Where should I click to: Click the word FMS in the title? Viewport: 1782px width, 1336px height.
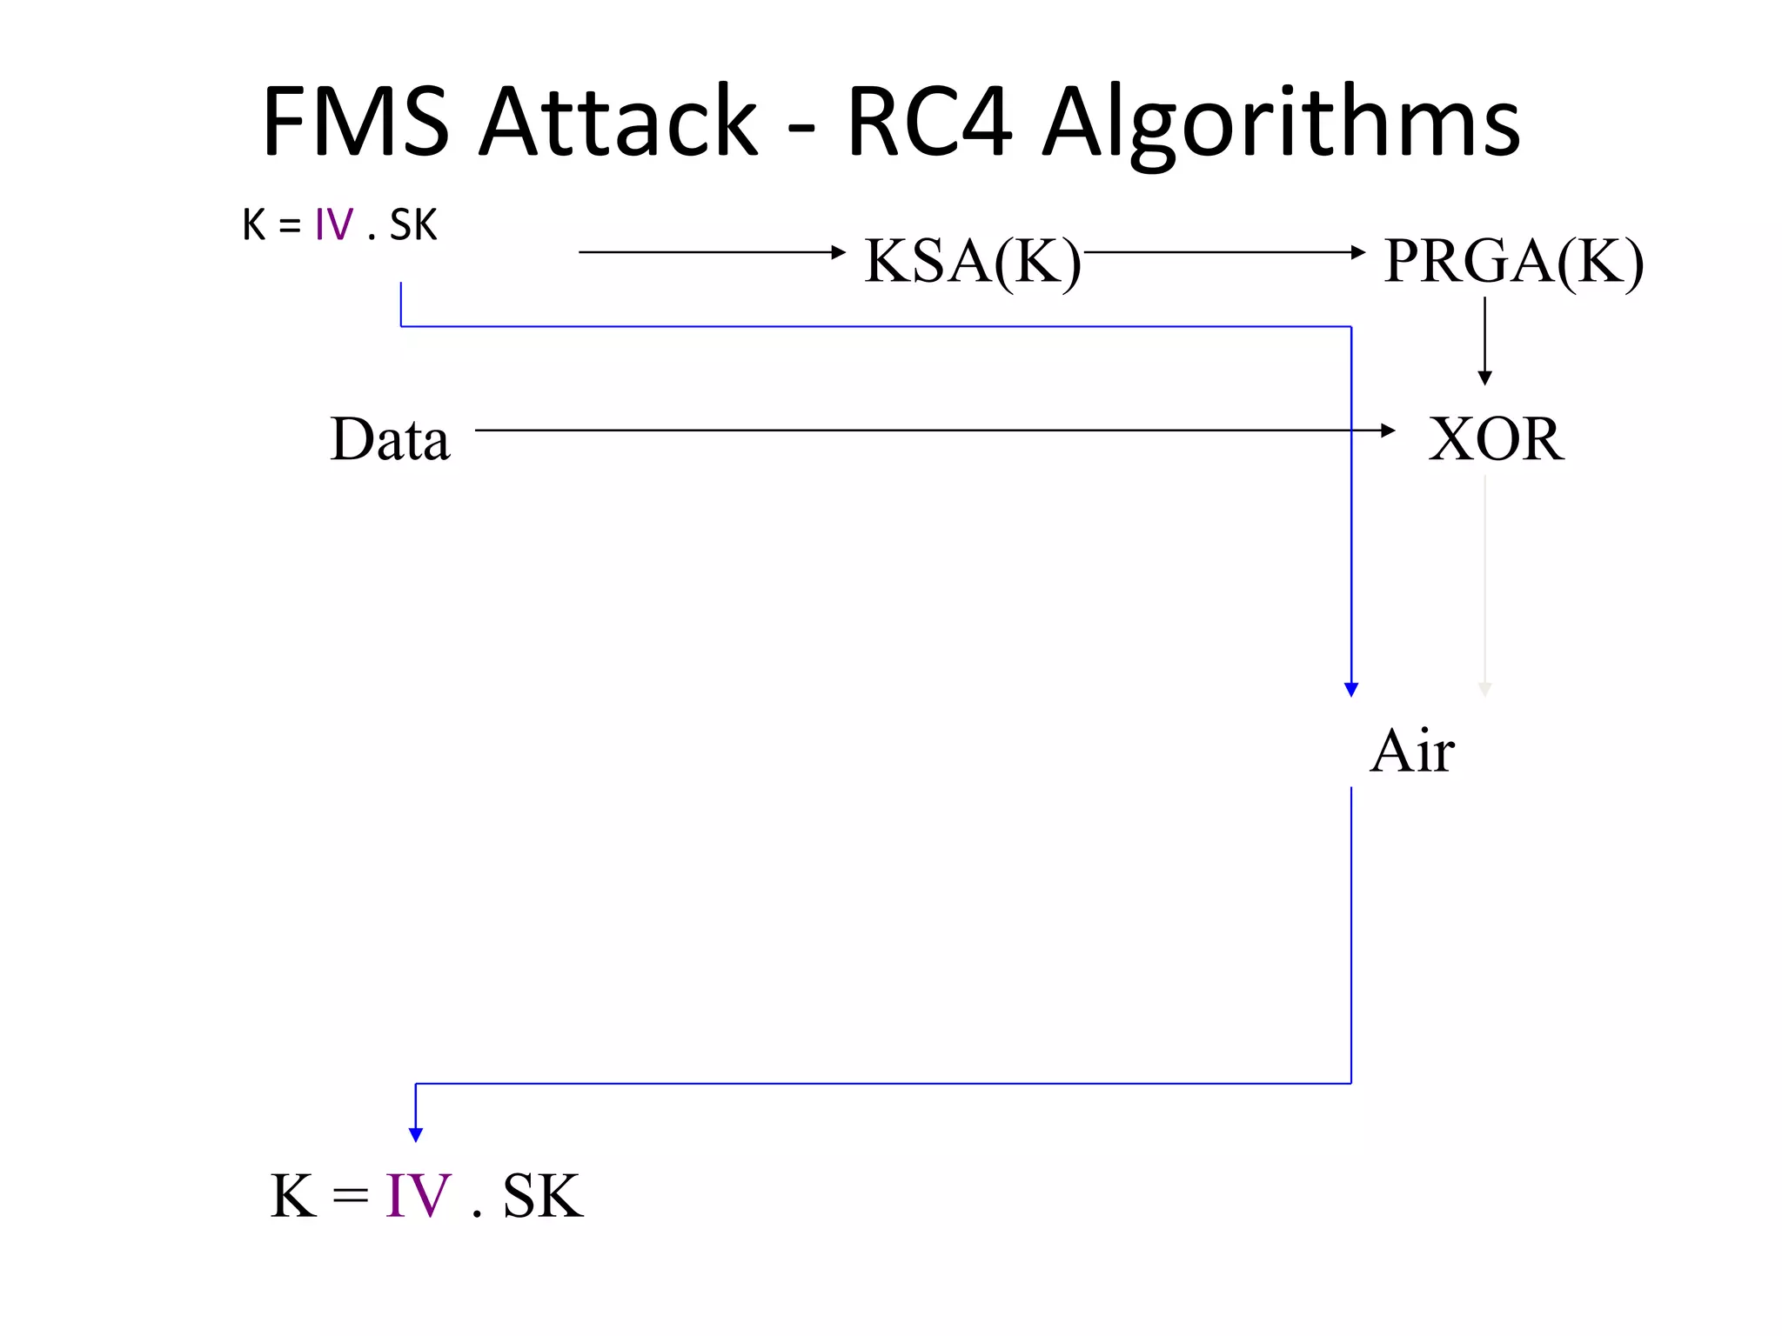[x=355, y=122]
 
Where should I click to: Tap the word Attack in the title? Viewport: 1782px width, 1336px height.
[x=620, y=122]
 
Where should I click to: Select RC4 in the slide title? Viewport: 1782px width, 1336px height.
[x=929, y=122]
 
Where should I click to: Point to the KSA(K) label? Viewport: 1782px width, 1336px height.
[x=972, y=260]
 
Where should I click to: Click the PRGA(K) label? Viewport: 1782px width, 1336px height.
[x=1513, y=260]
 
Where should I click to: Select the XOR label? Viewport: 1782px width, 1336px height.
[x=1496, y=438]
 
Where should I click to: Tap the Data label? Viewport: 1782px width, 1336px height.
[x=390, y=438]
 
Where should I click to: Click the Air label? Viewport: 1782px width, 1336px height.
[x=1411, y=751]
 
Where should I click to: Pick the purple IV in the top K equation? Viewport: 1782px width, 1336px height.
[x=334, y=225]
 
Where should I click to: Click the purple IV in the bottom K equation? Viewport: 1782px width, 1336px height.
[x=418, y=1196]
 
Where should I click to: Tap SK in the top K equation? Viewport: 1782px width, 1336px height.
[x=413, y=225]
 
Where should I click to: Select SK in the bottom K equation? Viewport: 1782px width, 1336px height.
[x=542, y=1196]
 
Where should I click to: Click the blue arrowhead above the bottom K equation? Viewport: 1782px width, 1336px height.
[x=416, y=1134]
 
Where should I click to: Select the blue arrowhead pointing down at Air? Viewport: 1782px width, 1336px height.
[x=1351, y=689]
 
